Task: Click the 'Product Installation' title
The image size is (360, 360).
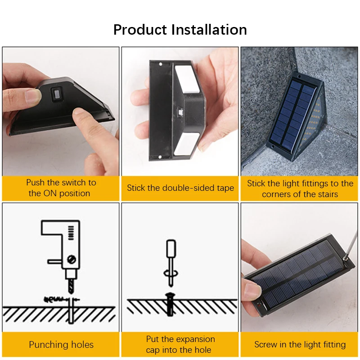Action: [180, 30]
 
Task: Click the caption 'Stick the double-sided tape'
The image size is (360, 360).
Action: [180, 188]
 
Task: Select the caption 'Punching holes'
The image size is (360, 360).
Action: [61, 345]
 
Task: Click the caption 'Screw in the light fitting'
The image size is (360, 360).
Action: [300, 345]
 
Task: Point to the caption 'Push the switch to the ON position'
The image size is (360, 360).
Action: [61, 188]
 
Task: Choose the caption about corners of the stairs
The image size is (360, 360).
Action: [300, 189]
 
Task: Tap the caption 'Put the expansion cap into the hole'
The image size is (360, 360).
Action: [180, 345]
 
